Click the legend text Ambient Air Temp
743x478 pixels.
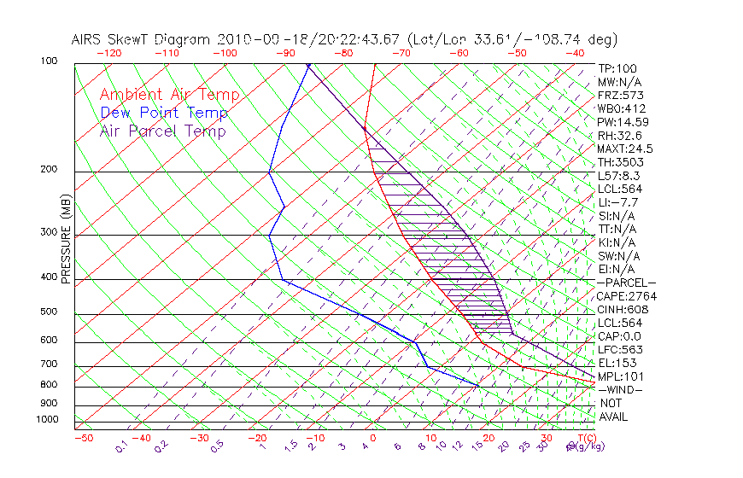coord(169,95)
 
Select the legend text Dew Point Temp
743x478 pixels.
coord(164,113)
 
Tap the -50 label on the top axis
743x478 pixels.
coord(517,53)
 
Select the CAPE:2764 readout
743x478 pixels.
coord(624,296)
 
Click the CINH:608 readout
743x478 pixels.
coord(622,309)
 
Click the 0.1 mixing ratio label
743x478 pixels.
coord(121,446)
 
